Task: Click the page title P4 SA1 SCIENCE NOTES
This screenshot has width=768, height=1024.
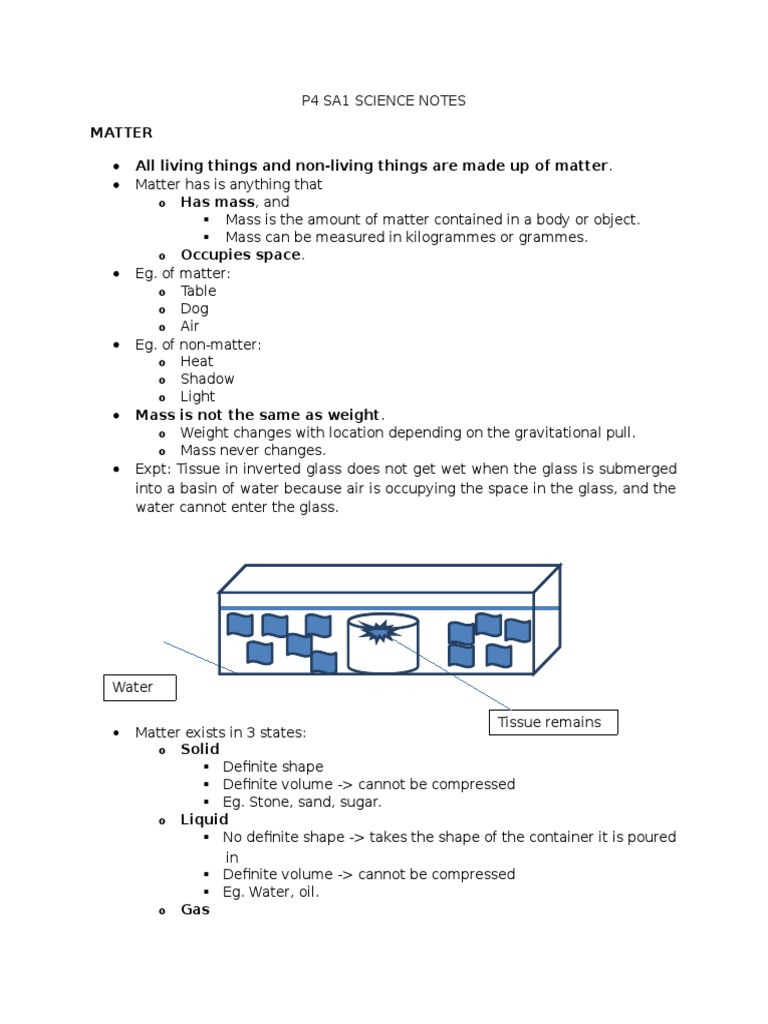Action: pos(384,101)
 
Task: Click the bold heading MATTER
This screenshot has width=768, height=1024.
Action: pos(121,132)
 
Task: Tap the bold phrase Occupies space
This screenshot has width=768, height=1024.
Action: pos(241,255)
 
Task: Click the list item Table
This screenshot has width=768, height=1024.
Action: pos(198,291)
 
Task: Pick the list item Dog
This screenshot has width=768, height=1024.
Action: pos(194,308)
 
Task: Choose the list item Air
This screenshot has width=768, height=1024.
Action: pos(190,326)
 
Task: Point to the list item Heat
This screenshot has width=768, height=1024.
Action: pos(197,361)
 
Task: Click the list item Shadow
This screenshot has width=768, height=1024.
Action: pos(207,379)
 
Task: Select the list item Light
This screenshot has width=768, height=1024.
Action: pos(197,397)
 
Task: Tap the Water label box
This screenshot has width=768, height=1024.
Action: pos(140,688)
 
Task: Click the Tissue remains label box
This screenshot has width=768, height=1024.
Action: pos(552,722)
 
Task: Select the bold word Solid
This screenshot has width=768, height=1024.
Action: pos(200,749)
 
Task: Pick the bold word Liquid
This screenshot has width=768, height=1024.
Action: pos(204,819)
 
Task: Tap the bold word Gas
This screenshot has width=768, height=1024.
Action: pos(195,910)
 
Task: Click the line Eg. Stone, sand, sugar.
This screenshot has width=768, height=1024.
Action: pos(303,802)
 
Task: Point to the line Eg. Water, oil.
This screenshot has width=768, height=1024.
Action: pos(271,892)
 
